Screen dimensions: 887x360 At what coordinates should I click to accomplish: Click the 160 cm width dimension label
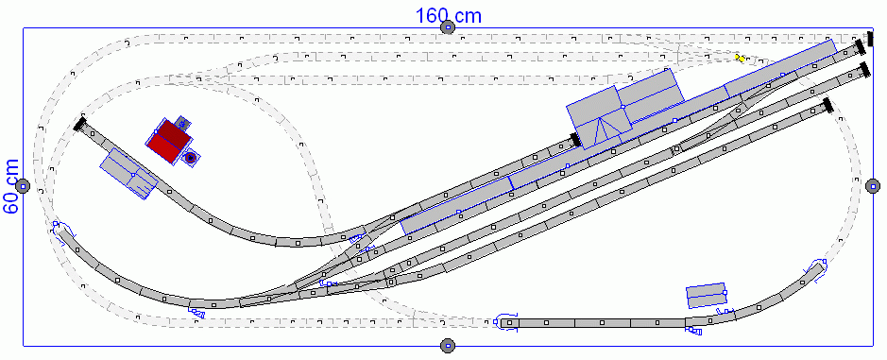pyautogui.click(x=449, y=15)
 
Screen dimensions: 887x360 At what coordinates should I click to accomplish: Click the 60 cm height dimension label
pyautogui.click(x=10, y=186)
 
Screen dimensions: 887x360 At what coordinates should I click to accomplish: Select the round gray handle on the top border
pyautogui.click(x=448, y=27)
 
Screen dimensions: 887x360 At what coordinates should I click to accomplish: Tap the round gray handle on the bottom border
pyautogui.click(x=448, y=345)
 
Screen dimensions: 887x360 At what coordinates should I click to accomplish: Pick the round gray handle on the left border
pyautogui.click(x=23, y=185)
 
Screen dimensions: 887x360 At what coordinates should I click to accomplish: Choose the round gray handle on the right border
pyautogui.click(x=873, y=185)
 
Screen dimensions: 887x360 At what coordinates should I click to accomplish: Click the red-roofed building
pyautogui.click(x=168, y=141)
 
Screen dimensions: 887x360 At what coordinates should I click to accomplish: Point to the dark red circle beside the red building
pyautogui.click(x=191, y=158)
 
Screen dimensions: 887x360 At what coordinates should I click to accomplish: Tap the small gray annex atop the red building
pyautogui.click(x=181, y=123)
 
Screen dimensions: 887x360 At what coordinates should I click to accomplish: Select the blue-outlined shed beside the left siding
pyautogui.click(x=129, y=174)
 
